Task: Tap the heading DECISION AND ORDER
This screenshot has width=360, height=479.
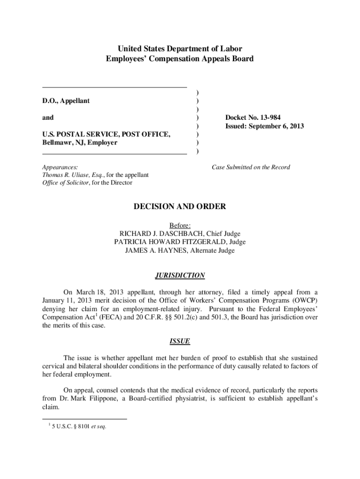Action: tap(180, 206)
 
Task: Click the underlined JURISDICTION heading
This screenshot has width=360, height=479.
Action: tap(180, 276)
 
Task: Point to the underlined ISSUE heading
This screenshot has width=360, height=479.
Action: tap(180, 341)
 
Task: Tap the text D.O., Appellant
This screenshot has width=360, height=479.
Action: tap(66, 101)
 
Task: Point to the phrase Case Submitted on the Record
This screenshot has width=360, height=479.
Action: tap(251, 167)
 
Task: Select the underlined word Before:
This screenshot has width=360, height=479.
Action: tap(180, 225)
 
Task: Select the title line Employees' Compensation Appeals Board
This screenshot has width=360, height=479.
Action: tap(180, 59)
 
